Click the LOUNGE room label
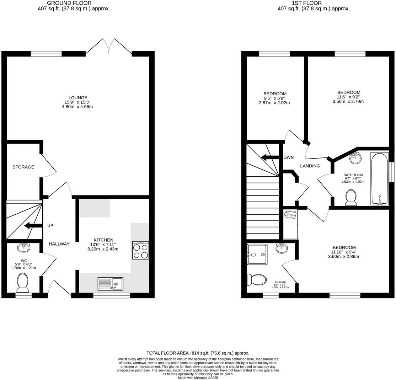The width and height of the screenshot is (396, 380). click(x=78, y=98)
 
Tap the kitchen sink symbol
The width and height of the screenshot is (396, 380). click(x=110, y=284)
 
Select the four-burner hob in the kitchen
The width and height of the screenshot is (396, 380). click(x=140, y=251)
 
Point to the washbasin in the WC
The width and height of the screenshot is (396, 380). click(x=24, y=246)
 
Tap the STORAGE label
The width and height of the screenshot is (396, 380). click(x=23, y=167)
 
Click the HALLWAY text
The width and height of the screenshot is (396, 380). click(x=59, y=244)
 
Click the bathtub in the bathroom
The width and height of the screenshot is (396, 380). click(x=379, y=179)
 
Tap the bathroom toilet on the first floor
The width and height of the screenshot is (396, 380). click(x=351, y=197)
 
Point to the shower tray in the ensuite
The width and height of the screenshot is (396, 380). click(x=256, y=255)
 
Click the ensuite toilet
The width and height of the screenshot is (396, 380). click(x=257, y=279)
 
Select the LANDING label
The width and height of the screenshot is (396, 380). click(x=310, y=166)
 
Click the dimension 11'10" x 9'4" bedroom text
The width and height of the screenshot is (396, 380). click(x=343, y=252)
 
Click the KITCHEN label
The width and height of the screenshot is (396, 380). click(x=103, y=240)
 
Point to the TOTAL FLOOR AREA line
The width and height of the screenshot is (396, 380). click(x=198, y=353)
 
